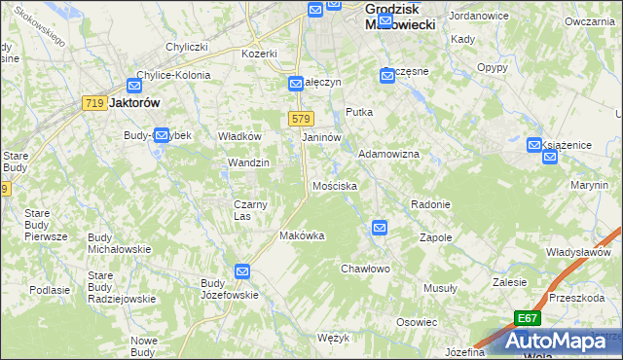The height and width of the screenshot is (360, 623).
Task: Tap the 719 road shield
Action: [x=94, y=104]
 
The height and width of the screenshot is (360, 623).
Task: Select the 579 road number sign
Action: [x=300, y=119]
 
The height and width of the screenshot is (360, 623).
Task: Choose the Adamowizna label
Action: [x=388, y=155]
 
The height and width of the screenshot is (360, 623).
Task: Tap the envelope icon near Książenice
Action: [x=534, y=145]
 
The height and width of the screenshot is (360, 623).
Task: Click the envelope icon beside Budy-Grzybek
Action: [x=162, y=135]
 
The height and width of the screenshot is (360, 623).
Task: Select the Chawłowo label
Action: [x=365, y=269]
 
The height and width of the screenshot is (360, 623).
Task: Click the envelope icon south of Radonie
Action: [x=379, y=228]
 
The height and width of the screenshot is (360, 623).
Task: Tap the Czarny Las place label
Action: [x=250, y=209]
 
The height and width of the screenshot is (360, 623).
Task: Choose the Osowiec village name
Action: [x=416, y=322]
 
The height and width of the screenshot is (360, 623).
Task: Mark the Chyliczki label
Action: [x=187, y=47]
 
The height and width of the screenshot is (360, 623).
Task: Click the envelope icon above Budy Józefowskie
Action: [x=242, y=272]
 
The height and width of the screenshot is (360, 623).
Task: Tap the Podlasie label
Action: [x=50, y=290]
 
